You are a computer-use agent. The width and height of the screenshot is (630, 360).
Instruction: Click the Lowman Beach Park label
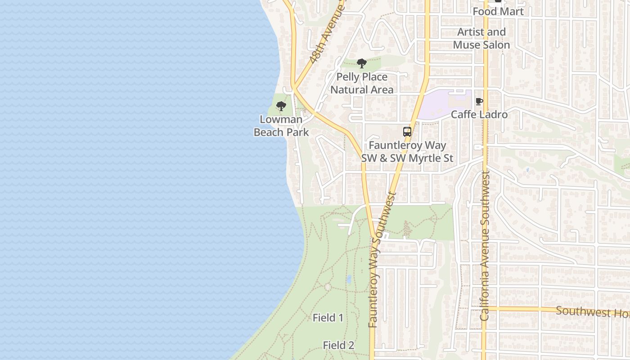click(x=281, y=126)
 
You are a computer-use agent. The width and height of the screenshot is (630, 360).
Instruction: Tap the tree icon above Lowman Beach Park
click(x=281, y=107)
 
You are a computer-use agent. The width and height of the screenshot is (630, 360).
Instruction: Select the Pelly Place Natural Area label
click(x=362, y=83)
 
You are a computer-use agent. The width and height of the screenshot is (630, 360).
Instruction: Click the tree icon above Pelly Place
click(x=361, y=63)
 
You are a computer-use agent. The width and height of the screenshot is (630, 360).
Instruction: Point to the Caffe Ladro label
click(x=479, y=114)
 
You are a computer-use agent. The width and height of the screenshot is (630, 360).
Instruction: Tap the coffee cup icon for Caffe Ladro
click(x=479, y=101)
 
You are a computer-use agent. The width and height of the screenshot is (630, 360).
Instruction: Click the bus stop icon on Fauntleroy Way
click(x=407, y=132)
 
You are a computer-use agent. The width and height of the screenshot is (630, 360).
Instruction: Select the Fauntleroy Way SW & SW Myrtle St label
click(x=407, y=152)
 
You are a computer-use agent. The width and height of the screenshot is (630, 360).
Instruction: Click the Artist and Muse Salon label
click(x=481, y=38)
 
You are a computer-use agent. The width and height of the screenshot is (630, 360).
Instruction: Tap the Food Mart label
click(x=498, y=11)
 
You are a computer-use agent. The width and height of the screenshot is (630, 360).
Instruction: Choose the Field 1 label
click(x=328, y=318)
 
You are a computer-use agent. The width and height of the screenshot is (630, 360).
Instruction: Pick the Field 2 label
click(x=338, y=345)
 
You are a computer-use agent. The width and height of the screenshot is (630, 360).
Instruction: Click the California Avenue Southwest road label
click(x=485, y=245)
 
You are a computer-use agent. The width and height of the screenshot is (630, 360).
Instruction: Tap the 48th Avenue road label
click(x=327, y=34)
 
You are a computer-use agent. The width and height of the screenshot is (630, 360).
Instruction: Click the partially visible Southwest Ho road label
click(x=592, y=311)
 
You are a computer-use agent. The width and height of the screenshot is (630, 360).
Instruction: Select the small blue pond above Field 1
click(x=349, y=279)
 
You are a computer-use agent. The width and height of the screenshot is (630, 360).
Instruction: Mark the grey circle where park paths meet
click(x=328, y=287)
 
